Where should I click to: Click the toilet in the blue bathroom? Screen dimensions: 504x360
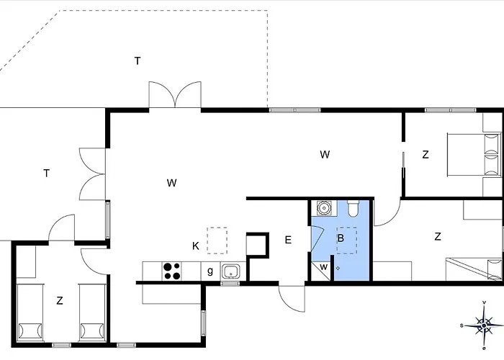coord(353,208)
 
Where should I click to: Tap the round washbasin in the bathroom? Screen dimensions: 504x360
coord(324,207)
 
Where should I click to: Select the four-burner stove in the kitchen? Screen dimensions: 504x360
coord(171,271)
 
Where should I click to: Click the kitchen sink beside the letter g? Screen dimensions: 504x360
coord(230,271)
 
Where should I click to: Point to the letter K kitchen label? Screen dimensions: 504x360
coord(195,246)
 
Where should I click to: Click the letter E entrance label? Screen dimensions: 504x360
coord(288,240)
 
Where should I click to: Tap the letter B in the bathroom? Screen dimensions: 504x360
coord(341,238)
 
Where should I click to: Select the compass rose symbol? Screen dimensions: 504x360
coord(483,325)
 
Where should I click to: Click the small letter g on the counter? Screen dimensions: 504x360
coord(210,271)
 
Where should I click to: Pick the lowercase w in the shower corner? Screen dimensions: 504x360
coord(324,267)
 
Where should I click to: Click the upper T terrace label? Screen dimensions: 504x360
coord(138,60)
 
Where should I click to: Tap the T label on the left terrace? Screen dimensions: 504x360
coord(47,174)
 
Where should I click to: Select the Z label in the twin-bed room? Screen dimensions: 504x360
coord(60,300)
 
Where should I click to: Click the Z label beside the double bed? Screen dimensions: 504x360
coord(426,155)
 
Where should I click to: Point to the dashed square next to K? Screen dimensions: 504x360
coord(217,240)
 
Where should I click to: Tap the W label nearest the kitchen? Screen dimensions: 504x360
coord(171,183)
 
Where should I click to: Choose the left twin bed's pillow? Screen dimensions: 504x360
coord(30,331)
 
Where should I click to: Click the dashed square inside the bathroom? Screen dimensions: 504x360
coord(347,240)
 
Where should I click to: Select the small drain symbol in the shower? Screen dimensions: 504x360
coord(338,268)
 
